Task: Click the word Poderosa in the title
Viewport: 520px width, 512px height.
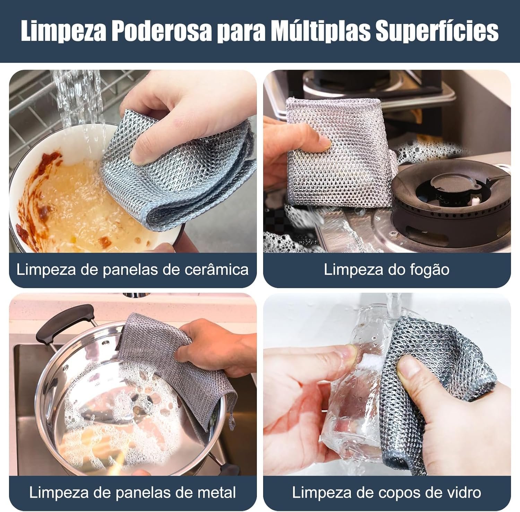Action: (x=161, y=31)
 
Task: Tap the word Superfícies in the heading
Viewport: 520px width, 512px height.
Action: (x=437, y=31)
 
